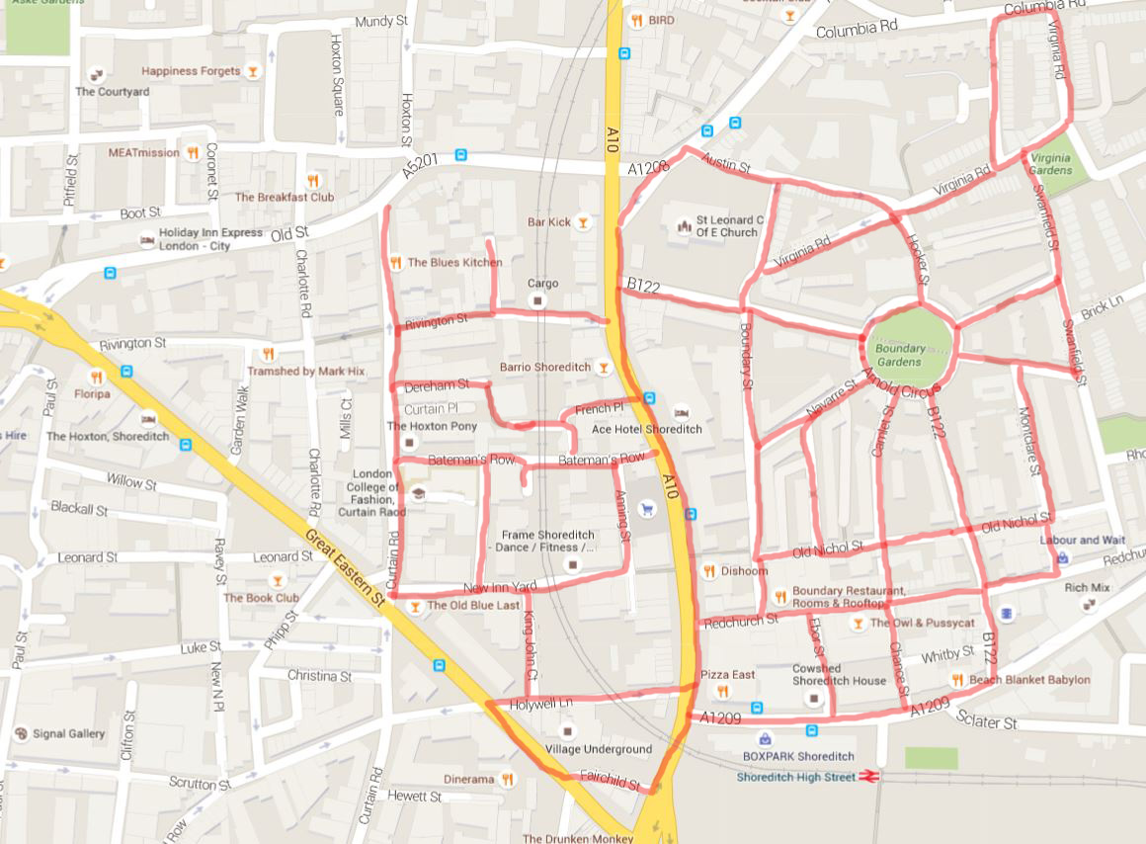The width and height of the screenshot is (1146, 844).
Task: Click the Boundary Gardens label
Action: (899, 355)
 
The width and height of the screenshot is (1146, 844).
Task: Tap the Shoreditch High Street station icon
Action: (869, 777)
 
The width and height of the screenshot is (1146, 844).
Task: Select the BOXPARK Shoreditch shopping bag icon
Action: (765, 738)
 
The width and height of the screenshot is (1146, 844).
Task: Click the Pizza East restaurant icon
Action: (722, 691)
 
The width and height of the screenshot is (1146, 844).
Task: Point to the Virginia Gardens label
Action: (1049, 164)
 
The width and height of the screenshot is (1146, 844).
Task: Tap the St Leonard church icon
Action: (681, 226)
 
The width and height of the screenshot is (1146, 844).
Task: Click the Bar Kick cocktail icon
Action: (584, 222)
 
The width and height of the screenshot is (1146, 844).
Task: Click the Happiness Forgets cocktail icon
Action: (253, 71)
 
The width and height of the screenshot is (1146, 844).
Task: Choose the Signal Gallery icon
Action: (21, 733)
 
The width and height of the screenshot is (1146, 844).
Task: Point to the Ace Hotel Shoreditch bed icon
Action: (680, 412)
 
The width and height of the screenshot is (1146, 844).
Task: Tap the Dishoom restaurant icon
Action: (708, 570)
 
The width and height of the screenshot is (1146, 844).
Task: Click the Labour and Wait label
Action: (1082, 541)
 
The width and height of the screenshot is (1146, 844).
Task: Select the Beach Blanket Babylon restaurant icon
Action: (956, 679)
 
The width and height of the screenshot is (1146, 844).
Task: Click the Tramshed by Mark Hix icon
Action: (266, 354)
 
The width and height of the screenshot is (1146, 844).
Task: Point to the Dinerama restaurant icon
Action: (507, 779)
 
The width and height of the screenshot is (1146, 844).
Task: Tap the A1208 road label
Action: (648, 170)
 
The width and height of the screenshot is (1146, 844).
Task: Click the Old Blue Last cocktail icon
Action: (416, 605)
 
